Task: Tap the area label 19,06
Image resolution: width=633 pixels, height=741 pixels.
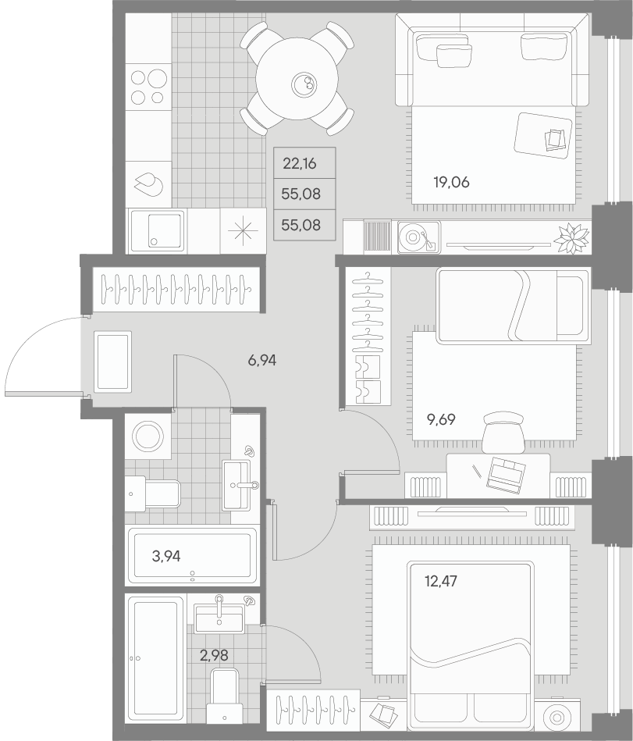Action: [x=451, y=183]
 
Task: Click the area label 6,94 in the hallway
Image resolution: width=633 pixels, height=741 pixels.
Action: [x=262, y=360]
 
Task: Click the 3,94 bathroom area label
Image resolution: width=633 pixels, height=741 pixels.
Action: [x=166, y=556]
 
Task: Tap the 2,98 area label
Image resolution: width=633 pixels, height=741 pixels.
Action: [x=214, y=655]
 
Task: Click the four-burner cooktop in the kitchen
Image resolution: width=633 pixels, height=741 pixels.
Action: [x=148, y=87]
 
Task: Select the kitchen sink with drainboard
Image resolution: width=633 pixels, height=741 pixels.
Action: [x=157, y=230]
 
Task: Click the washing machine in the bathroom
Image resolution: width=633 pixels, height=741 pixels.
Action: [x=146, y=435]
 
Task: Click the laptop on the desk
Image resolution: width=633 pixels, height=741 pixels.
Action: [x=506, y=475]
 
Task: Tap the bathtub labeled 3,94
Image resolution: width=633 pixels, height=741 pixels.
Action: [x=192, y=556]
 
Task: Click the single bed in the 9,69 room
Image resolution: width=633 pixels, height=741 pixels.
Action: [x=511, y=305]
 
